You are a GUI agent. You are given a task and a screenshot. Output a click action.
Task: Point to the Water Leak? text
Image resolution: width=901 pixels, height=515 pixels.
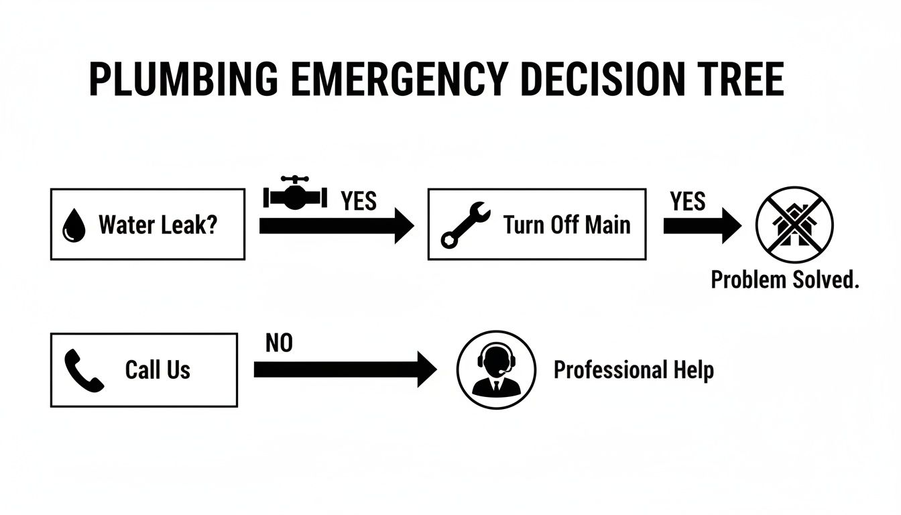pos(158,225)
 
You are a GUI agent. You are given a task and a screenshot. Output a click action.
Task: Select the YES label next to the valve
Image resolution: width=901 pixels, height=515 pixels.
pos(359,201)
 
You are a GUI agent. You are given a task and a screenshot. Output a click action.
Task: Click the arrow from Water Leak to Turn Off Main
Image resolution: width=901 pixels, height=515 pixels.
pos(336,227)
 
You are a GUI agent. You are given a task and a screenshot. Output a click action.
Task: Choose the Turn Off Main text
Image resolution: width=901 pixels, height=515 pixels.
pos(567,225)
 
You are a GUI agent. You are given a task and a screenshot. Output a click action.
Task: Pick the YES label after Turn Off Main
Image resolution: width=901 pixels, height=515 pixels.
pos(687,201)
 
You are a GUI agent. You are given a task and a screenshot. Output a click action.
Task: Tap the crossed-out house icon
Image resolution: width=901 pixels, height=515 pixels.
pos(794,225)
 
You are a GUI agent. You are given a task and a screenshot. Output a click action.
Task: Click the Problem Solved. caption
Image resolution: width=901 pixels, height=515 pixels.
pos(784,280)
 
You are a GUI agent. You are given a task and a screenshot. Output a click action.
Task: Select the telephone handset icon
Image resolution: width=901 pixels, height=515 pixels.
pos(83,371)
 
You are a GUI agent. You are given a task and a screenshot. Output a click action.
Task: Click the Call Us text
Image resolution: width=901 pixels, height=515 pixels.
pos(158,369)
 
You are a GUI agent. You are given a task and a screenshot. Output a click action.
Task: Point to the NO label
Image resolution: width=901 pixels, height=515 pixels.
pos(280,343)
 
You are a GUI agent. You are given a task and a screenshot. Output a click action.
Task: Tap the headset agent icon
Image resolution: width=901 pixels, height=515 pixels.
pos(496,369)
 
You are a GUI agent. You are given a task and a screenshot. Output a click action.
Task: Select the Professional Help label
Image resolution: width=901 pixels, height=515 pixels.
pos(634,369)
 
